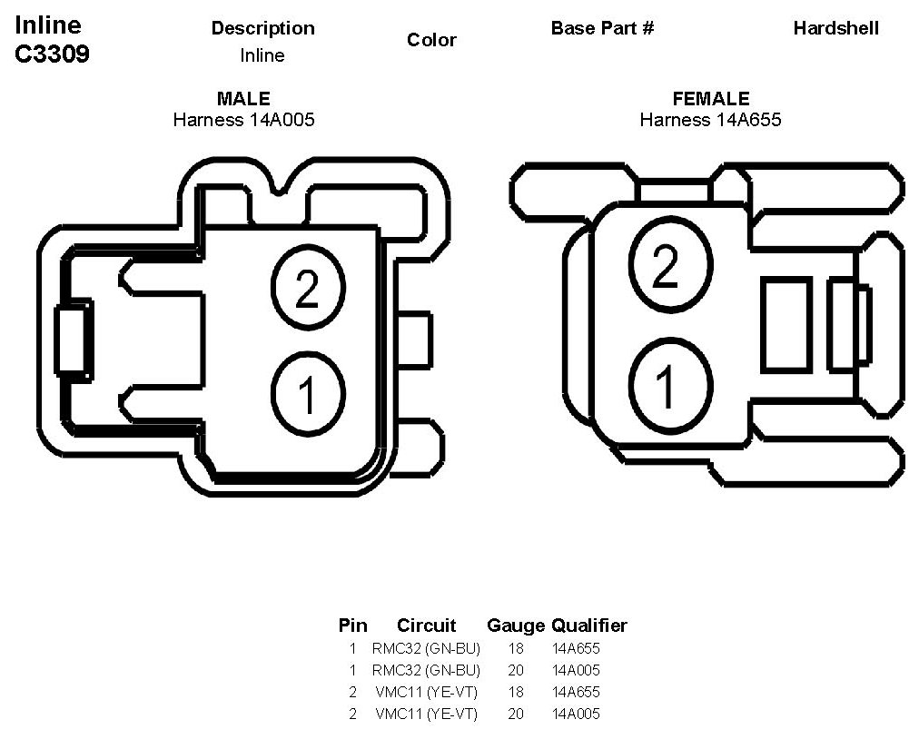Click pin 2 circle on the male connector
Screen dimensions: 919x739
click(x=308, y=288)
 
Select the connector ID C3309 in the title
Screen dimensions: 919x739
click(x=52, y=54)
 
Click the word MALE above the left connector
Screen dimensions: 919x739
click(x=243, y=99)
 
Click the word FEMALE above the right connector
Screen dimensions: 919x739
click(x=710, y=99)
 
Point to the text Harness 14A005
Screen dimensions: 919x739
click(x=243, y=119)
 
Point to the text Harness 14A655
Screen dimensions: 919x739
click(x=710, y=119)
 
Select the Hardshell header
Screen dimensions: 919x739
click(x=835, y=28)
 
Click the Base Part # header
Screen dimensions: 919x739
click(x=602, y=28)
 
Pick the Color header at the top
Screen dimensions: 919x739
click(x=431, y=40)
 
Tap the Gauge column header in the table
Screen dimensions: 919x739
click(x=516, y=626)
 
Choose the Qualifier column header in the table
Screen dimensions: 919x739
click(x=589, y=626)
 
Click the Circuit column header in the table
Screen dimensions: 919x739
click(x=426, y=626)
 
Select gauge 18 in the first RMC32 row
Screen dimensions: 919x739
click(x=516, y=648)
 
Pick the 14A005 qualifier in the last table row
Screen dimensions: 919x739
click(x=576, y=714)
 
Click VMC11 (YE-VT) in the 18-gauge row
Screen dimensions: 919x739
click(x=426, y=692)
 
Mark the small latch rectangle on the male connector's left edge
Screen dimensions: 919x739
click(x=73, y=340)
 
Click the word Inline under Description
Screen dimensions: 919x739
click(x=262, y=55)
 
